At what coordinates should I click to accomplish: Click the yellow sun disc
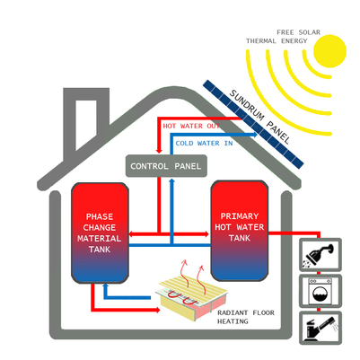click(330, 51)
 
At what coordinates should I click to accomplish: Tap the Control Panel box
click(166, 166)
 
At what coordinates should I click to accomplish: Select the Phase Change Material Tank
click(100, 233)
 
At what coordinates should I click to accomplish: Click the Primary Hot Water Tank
click(240, 231)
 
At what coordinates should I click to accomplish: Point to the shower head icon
click(320, 255)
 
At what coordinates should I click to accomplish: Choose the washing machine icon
click(320, 291)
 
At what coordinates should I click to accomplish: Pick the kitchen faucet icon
click(320, 328)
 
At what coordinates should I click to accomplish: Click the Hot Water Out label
click(191, 126)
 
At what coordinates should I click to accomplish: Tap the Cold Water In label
click(204, 144)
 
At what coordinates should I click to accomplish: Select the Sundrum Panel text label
click(259, 117)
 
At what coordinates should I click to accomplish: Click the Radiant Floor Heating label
click(246, 317)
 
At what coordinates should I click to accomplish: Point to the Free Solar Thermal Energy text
click(283, 37)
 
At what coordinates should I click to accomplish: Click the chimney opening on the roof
click(86, 123)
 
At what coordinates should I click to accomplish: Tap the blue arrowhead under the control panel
click(171, 180)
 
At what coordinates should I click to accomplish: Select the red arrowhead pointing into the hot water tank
click(206, 233)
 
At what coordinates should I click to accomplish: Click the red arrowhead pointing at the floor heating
click(157, 310)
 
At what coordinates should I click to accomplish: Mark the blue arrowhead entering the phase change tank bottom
click(105, 286)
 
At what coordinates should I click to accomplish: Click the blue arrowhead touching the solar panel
click(254, 135)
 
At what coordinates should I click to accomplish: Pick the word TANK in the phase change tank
click(100, 250)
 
